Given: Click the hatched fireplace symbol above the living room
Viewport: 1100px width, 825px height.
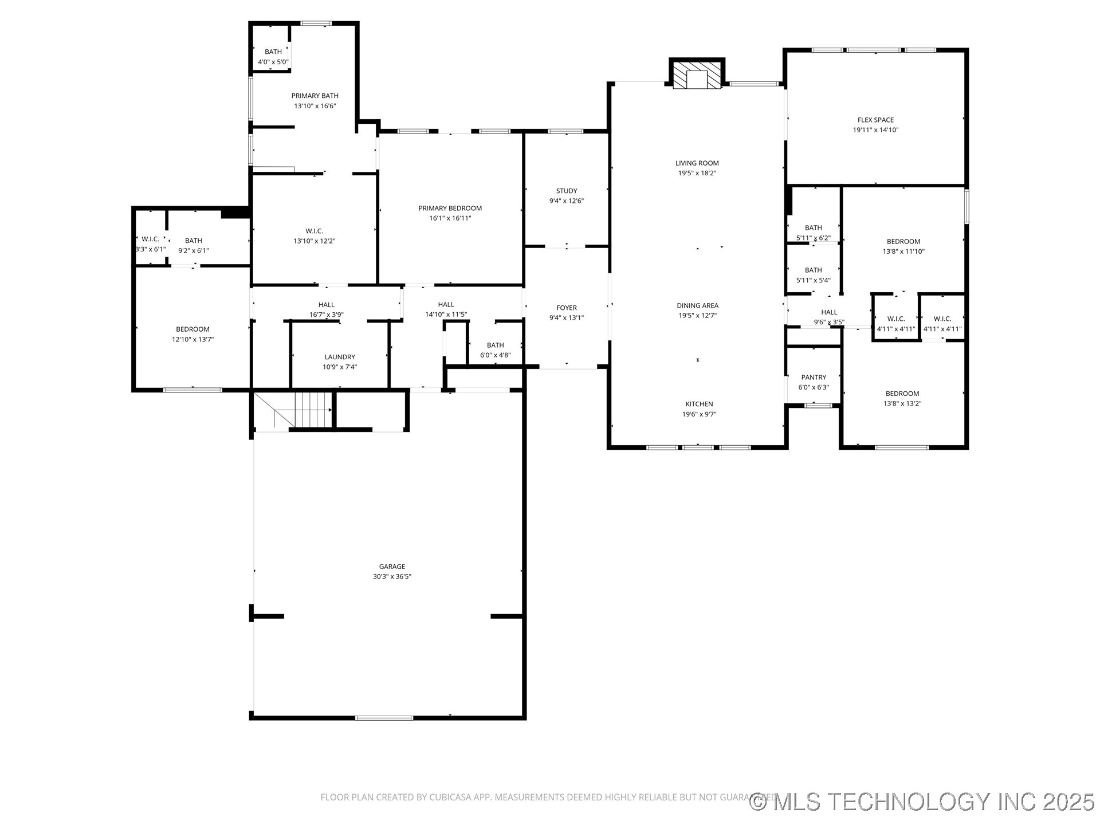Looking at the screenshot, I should pyautogui.click(x=697, y=75).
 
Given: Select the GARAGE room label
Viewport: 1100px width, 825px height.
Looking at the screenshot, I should pyautogui.click(x=392, y=567).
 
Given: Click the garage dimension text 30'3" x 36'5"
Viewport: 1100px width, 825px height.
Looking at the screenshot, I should pyautogui.click(x=392, y=577).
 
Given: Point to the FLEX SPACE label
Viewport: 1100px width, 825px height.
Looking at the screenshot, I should pyautogui.click(x=875, y=120).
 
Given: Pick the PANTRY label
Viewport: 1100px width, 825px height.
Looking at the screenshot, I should pyautogui.click(x=814, y=377).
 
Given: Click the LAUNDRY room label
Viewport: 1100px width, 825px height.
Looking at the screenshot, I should pyautogui.click(x=340, y=357).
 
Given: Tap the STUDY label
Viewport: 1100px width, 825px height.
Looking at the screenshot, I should pyautogui.click(x=567, y=191).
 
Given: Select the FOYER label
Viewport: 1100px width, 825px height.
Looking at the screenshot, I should pyautogui.click(x=567, y=308).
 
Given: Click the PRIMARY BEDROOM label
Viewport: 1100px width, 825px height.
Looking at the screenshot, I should pyautogui.click(x=450, y=208).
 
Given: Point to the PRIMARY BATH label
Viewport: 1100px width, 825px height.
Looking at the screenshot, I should pyautogui.click(x=315, y=96).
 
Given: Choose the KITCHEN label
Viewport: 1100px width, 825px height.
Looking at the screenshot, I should pyautogui.click(x=699, y=404).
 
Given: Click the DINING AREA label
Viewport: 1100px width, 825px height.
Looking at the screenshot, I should pyautogui.click(x=697, y=305).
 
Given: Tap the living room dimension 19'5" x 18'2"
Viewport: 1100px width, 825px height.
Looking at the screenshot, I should pyautogui.click(x=697, y=173).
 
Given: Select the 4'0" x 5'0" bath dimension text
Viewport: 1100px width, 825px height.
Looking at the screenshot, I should pyautogui.click(x=273, y=62).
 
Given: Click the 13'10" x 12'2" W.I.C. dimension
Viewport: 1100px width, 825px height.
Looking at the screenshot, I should pyautogui.click(x=315, y=241).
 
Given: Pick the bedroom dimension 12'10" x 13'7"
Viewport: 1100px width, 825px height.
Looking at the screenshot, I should pyautogui.click(x=192, y=340).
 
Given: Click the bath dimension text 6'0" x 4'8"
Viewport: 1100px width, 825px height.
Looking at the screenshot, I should pyautogui.click(x=495, y=355).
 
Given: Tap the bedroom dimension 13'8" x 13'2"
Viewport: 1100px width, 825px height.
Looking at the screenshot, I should pyautogui.click(x=902, y=404).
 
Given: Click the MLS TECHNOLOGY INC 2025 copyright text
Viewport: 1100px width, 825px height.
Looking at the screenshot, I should pyautogui.click(x=922, y=802).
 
